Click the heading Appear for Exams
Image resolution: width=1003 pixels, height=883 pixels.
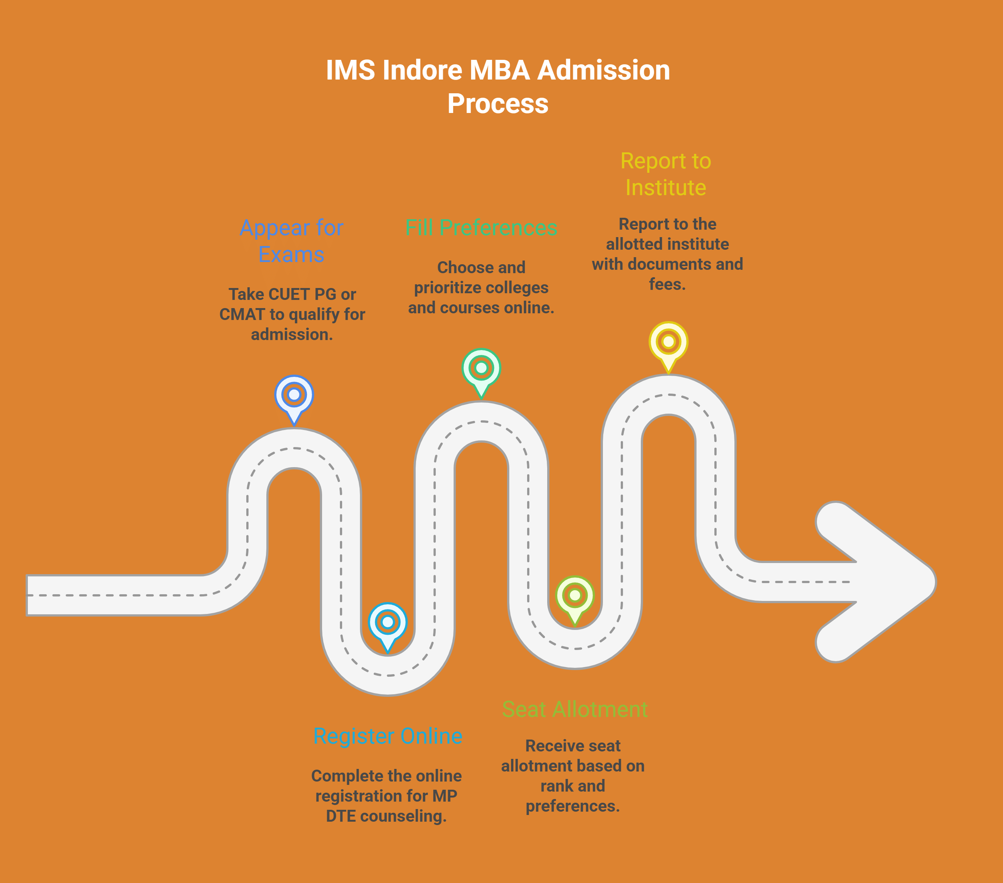click(x=292, y=241)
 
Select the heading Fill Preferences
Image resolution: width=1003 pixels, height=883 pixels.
click(x=481, y=228)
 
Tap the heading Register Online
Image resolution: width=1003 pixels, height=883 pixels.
click(x=388, y=736)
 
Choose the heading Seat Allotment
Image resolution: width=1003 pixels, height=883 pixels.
click(x=575, y=709)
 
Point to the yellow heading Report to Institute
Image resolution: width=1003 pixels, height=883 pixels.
click(x=666, y=174)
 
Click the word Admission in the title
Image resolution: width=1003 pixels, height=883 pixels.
click(x=604, y=70)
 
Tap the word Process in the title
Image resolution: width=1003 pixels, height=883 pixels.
click(x=497, y=104)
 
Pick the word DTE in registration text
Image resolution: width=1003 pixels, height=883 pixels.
click(x=341, y=816)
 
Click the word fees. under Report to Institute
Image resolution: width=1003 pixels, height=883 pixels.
click(x=667, y=284)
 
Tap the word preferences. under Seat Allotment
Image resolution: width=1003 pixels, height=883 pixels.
click(x=573, y=806)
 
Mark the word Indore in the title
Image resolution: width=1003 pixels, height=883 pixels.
click(x=422, y=70)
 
